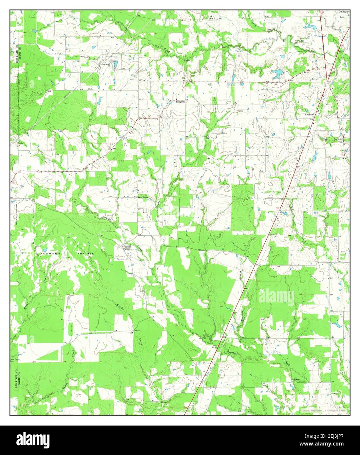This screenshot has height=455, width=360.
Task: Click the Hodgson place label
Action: coord(180,102)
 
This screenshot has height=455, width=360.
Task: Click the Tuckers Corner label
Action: coord(126,248)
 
